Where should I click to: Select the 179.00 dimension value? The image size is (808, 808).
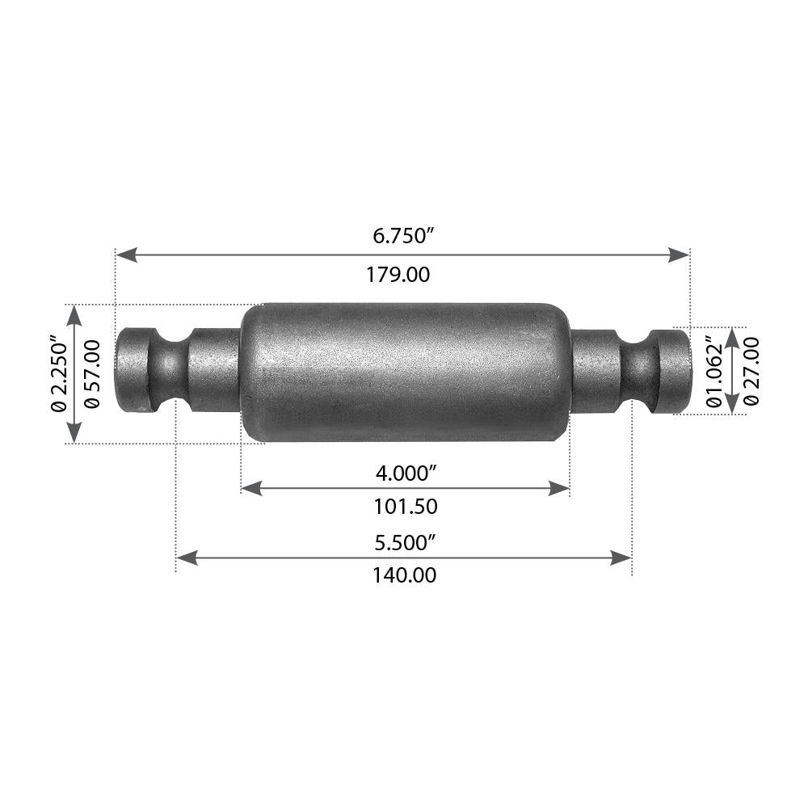pyautogui.click(x=398, y=275)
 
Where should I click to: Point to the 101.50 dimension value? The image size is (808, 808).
pyautogui.click(x=406, y=507)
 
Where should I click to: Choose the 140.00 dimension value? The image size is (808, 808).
pyautogui.click(x=404, y=576)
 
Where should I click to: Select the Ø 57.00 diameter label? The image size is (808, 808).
pyautogui.click(x=93, y=373)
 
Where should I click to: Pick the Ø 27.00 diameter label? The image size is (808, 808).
pyautogui.click(x=751, y=371)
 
